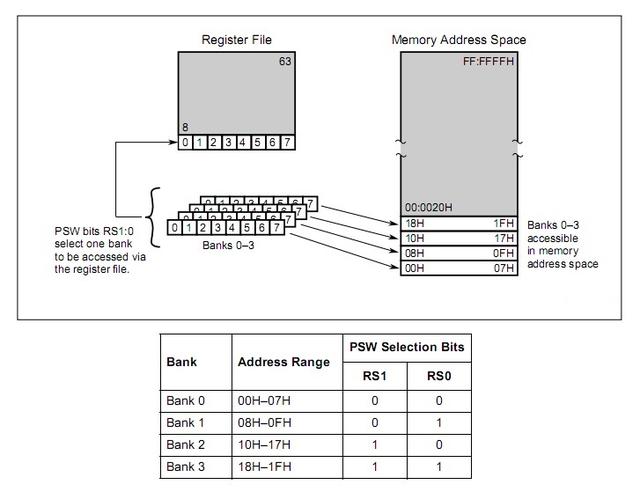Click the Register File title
(x=237, y=40)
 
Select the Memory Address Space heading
(x=458, y=40)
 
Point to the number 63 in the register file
(x=285, y=62)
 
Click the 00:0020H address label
(x=427, y=207)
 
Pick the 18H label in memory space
(x=414, y=223)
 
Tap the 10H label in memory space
(x=414, y=238)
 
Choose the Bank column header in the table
(x=182, y=361)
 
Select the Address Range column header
(x=284, y=361)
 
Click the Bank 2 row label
(x=186, y=444)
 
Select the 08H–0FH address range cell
(x=266, y=422)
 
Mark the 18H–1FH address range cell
(x=266, y=466)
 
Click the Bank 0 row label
(x=186, y=400)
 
